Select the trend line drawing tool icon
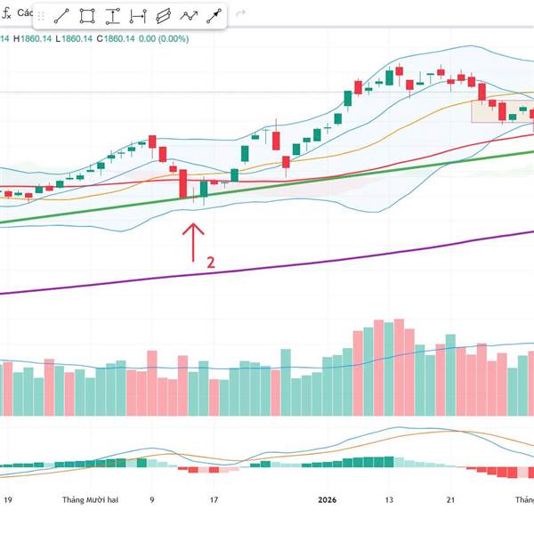pos(62,16)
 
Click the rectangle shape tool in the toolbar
pos(87,16)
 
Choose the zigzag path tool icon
pos(190,16)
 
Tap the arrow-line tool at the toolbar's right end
pos(214,16)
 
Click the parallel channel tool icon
pos(164,16)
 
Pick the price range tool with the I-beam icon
pos(113,16)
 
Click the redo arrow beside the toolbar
pos(241,15)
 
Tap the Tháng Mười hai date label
pos(90,500)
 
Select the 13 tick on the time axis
pos(388,500)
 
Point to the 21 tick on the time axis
pos(451,500)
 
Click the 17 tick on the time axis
pos(214,500)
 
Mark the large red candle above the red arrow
pos(182,183)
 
